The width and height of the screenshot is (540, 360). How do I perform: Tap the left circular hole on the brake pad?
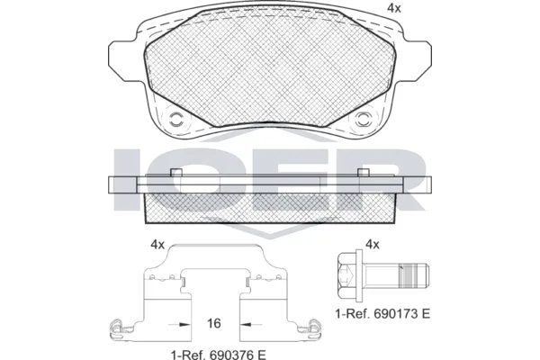176,117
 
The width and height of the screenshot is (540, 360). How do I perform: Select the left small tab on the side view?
177,173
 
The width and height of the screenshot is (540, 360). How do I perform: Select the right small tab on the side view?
364,173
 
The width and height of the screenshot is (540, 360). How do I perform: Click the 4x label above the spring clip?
157,244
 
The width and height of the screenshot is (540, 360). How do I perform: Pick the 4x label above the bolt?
373,244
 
